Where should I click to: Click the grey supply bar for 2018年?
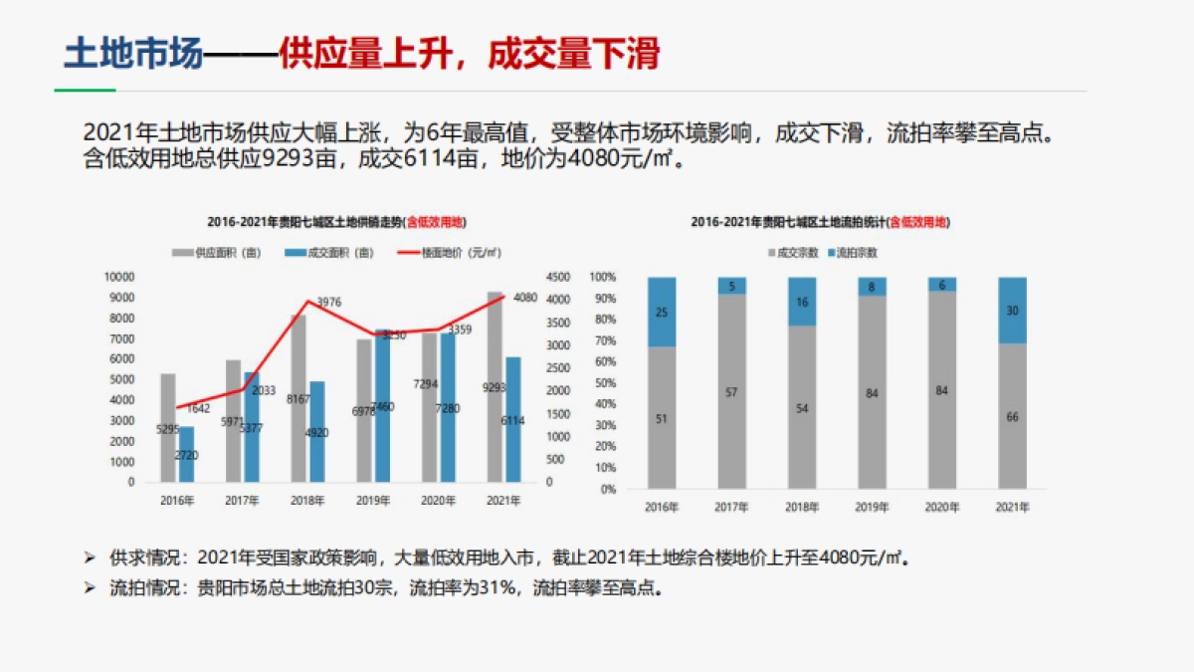[x=298, y=398]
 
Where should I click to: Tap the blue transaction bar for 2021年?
[x=512, y=418]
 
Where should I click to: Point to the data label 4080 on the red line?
[x=524, y=298]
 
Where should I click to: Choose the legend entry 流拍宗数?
[x=858, y=253]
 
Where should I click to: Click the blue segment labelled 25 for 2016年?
[x=662, y=312]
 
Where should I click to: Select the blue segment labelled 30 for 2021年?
[x=1012, y=310]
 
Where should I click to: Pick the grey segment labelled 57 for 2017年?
[x=732, y=391]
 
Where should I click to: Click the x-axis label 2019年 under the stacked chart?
[x=872, y=508]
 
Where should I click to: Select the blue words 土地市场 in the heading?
[x=132, y=55]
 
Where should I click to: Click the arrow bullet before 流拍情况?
[x=91, y=587]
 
